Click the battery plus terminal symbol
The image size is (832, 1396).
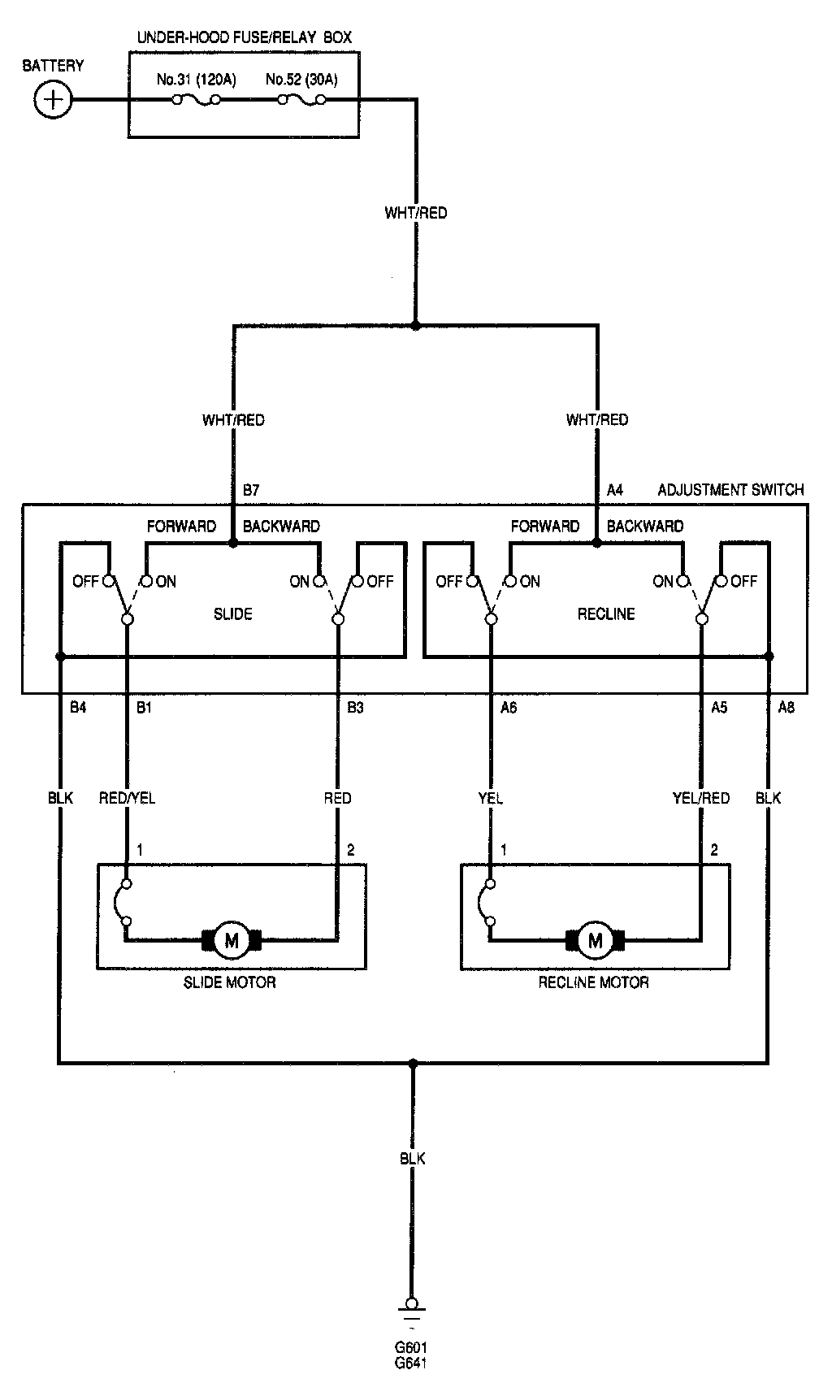(54, 100)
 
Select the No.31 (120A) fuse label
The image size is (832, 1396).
(196, 80)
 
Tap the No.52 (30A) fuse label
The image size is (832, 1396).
(301, 80)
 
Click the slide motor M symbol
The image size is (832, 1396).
(232, 940)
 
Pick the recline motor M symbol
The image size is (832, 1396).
(596, 940)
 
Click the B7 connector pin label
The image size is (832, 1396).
(251, 490)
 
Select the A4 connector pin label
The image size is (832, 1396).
(615, 490)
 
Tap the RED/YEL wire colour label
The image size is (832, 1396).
(127, 798)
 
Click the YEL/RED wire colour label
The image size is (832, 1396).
(701, 798)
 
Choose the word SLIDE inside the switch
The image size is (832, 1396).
(232, 613)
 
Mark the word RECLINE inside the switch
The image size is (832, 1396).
(606, 613)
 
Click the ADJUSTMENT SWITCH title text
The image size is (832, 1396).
(730, 490)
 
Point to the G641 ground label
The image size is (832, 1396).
(410, 1363)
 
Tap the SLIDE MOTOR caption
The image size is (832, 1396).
(230, 982)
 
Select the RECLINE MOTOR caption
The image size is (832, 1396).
(594, 982)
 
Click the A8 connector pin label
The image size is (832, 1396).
(786, 708)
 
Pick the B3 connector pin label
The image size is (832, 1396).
(355, 708)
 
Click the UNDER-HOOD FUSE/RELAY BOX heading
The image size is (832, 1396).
(245, 37)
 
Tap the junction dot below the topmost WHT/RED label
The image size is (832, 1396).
(416, 326)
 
